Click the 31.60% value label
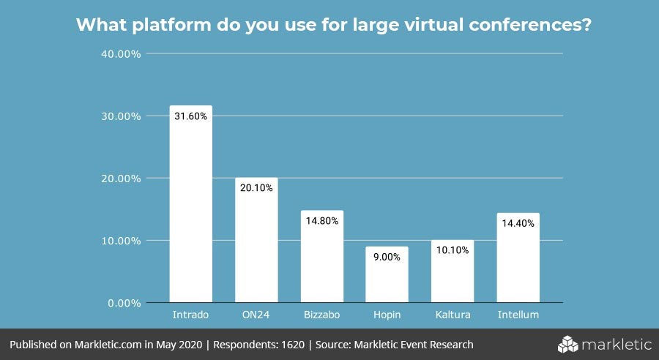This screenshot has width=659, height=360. pyautogui.click(x=191, y=116)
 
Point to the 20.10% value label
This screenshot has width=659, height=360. pyautogui.click(x=256, y=188)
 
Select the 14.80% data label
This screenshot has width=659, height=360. pyautogui.click(x=321, y=221)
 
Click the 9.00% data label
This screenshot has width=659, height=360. pyautogui.click(x=387, y=257)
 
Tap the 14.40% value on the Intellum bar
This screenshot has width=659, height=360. pyautogui.click(x=518, y=223)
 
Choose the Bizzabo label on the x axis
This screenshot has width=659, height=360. pyautogui.click(x=321, y=315)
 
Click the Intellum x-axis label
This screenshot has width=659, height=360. pyautogui.click(x=518, y=315)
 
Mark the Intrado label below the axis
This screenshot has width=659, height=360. pyautogui.click(x=191, y=315)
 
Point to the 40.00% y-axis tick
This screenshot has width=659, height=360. pyautogui.click(x=121, y=54)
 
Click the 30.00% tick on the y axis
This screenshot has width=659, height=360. pyautogui.click(x=121, y=116)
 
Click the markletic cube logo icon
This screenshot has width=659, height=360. pyautogui.click(x=568, y=344)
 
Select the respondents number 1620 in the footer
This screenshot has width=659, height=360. pyautogui.click(x=294, y=345)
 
